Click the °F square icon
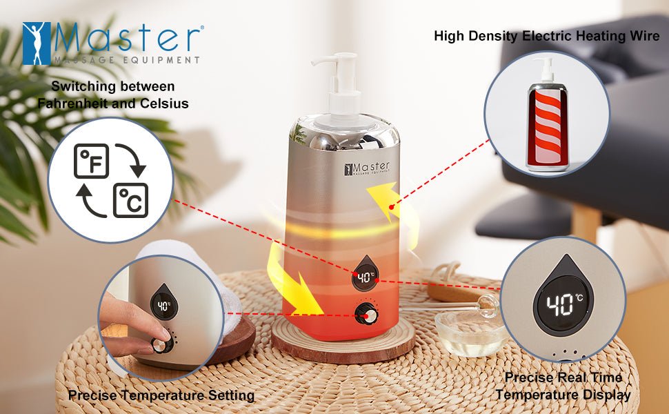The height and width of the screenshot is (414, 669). [x=91, y=161]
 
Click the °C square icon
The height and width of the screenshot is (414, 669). [x=130, y=200]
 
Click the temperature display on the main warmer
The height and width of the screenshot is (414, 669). [x=365, y=277]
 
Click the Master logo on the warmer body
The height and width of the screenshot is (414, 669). [x=366, y=168]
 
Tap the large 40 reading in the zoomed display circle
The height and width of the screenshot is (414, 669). [x=558, y=304]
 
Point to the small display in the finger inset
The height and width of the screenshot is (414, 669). [x=163, y=306]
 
